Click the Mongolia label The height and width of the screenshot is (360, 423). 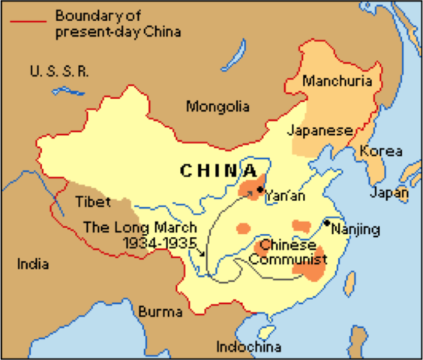pyautogui.click(x=217, y=107)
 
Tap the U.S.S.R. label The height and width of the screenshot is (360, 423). pyautogui.click(x=60, y=72)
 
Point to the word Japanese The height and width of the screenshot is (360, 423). pyautogui.click(x=319, y=130)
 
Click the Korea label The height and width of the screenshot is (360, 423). pyautogui.click(x=380, y=151)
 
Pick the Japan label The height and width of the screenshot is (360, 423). pyautogui.click(x=389, y=193)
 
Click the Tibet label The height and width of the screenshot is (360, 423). pyautogui.click(x=93, y=202)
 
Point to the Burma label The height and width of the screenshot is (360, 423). pyautogui.click(x=160, y=311)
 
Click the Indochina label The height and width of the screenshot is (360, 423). pyautogui.click(x=249, y=346)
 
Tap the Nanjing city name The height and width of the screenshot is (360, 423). pyautogui.click(x=356, y=229)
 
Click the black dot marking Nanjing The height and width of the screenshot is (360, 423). pyautogui.click(x=327, y=223)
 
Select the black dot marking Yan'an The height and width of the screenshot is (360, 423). pyautogui.click(x=259, y=190)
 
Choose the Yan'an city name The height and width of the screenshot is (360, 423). pyautogui.click(x=285, y=196)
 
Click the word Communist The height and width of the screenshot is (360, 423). pyautogui.click(x=288, y=260)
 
